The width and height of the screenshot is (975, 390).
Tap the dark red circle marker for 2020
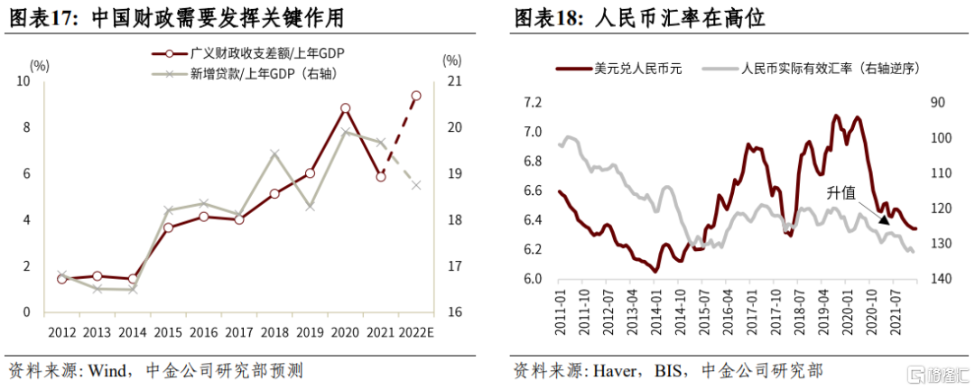345,108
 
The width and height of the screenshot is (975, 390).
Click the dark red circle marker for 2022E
415,95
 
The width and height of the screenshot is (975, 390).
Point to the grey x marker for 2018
275,153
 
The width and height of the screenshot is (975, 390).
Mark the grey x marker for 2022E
415,185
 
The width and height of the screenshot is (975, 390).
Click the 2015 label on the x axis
168,332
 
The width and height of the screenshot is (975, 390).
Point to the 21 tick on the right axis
452,81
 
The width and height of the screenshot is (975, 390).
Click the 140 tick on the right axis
937,279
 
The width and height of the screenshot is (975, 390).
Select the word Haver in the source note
614,370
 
